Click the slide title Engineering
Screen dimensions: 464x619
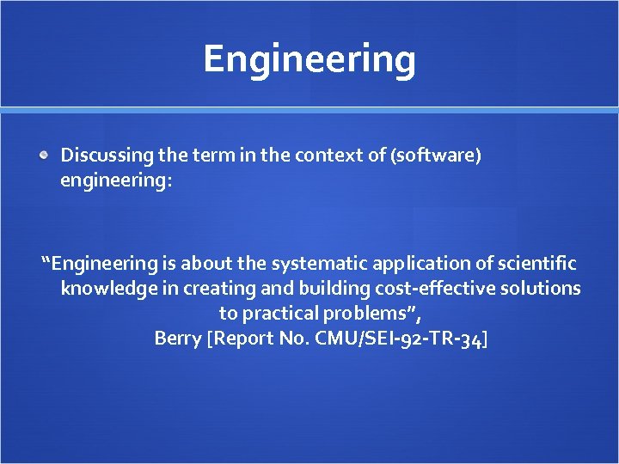point(309,59)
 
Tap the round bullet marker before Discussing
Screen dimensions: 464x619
point(45,156)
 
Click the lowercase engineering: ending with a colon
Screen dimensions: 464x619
point(116,181)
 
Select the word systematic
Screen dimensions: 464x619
point(322,264)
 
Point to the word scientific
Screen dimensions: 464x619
point(535,264)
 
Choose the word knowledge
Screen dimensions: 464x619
point(108,289)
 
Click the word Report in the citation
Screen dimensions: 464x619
point(241,339)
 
